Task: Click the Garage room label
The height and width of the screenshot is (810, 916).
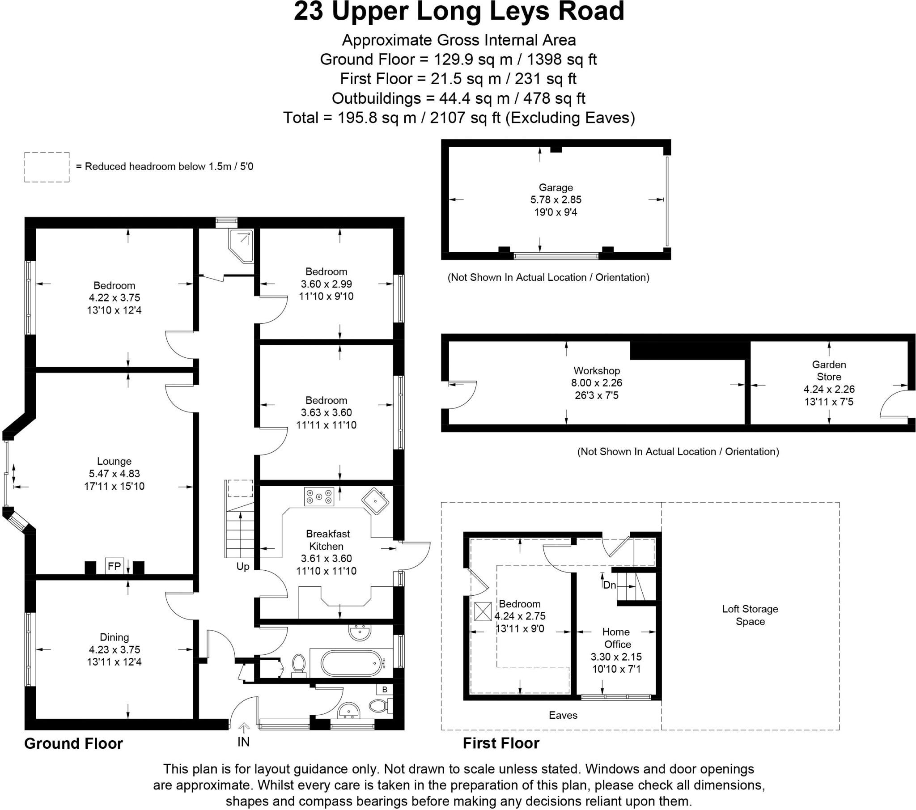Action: click(556, 187)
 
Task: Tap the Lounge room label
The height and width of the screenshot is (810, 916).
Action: click(114, 461)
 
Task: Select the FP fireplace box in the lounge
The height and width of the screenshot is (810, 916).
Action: click(114, 566)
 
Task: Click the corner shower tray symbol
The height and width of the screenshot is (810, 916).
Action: click(241, 246)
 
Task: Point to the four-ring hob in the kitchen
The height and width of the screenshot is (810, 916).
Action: click(319, 496)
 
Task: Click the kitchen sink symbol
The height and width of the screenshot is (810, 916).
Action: click(376, 501)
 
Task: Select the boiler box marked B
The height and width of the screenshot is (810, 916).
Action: click(385, 689)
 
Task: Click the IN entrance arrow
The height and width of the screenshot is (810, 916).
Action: click(244, 727)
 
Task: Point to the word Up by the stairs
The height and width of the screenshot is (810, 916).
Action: click(243, 567)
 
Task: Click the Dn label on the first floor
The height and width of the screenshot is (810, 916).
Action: click(610, 585)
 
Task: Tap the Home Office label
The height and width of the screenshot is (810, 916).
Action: click(617, 638)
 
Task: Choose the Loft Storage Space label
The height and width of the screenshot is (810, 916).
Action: click(750, 615)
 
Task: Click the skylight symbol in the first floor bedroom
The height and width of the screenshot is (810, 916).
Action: click(483, 611)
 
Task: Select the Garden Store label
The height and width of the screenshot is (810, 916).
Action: click(829, 371)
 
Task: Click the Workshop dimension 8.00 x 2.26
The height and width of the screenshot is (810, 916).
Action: click(597, 383)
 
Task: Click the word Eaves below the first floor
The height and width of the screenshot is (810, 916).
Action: click(563, 715)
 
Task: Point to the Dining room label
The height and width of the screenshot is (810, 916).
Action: click(114, 637)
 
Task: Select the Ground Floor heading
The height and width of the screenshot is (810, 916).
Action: click(73, 743)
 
